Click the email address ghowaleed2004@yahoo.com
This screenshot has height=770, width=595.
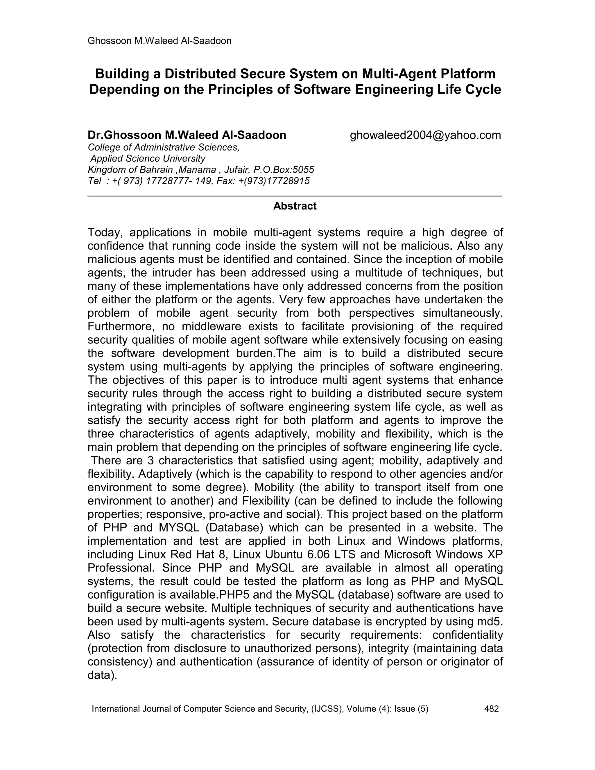pyautogui.click(x=425, y=135)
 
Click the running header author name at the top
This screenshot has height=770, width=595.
pyautogui.click(x=159, y=41)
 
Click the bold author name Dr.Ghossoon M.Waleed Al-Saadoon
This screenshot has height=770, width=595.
pyautogui.click(x=187, y=135)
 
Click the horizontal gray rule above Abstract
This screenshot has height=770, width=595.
pyautogui.click(x=295, y=196)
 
